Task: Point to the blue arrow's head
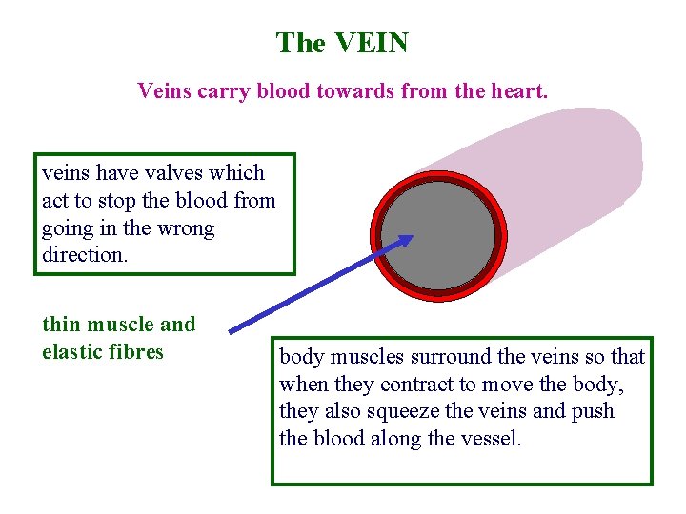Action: (407, 241)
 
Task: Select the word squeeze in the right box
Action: (394, 411)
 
